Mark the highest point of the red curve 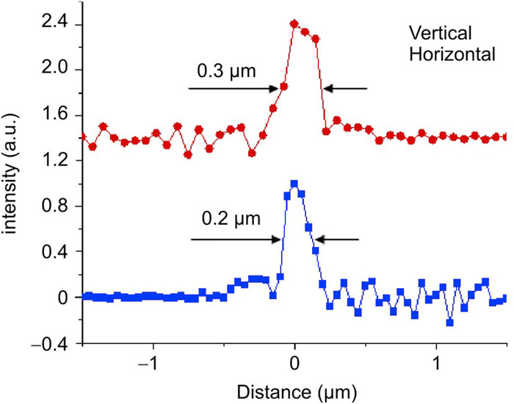294,24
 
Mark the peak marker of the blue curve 294,184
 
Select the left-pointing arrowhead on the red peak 327,88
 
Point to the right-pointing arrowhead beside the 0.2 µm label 277,239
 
